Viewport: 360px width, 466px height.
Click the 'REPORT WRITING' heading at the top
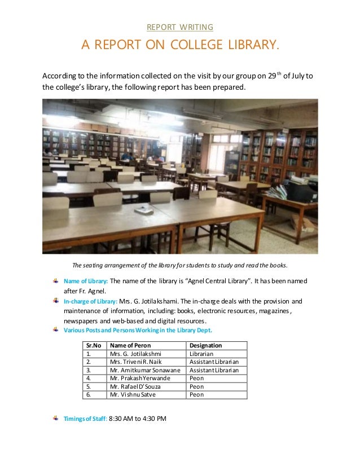[179, 27]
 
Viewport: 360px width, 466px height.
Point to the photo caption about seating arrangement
[180, 265]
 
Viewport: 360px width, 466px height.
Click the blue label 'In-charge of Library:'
[90, 301]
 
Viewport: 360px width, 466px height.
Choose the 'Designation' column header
[206, 345]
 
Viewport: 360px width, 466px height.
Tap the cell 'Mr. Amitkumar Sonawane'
[145, 370]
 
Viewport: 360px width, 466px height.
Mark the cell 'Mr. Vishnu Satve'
[133, 394]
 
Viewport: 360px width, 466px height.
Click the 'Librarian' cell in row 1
[201, 354]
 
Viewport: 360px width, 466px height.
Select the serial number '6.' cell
[89, 394]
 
